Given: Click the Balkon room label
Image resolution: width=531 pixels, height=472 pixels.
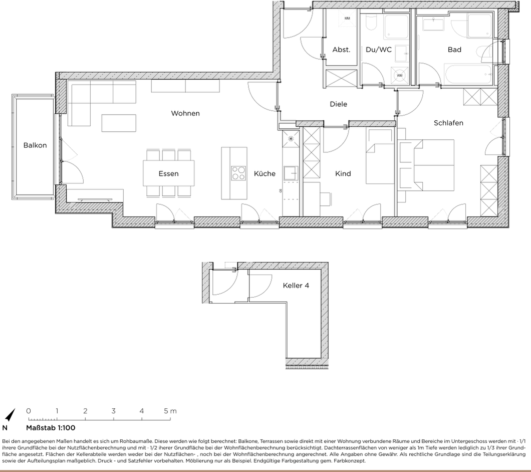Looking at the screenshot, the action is coord(35,145).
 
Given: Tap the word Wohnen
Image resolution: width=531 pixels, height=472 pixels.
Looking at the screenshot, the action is coord(185,113).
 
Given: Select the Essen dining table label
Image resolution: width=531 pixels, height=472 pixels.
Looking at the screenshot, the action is coord(169,173).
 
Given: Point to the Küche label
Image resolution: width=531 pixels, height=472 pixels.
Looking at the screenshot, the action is coord(264,173).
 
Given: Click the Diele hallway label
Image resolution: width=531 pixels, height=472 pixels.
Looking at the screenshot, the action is coord(338,104).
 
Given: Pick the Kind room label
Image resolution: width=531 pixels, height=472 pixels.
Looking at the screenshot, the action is coord(343,173).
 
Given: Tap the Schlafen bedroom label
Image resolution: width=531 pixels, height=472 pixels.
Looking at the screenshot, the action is coord(448,123).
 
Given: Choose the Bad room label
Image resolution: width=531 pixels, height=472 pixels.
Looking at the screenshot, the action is coord(454,50).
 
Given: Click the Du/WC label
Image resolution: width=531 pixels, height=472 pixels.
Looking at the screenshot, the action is coord(379,50).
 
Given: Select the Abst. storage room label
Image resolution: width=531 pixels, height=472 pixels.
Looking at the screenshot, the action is coord(341,50).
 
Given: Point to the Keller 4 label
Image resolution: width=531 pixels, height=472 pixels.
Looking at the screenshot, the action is coord(296,285).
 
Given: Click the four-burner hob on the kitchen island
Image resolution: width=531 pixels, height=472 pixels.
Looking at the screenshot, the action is coord(238,173).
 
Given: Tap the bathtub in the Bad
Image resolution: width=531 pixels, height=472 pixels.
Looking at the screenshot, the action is coord(468,75).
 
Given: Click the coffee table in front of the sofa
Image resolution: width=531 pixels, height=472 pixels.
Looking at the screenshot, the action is coord(119,123).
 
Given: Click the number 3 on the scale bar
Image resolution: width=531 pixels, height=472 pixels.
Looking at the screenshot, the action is coord(113,411).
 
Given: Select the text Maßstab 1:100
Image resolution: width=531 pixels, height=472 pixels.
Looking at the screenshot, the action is coord(51,427).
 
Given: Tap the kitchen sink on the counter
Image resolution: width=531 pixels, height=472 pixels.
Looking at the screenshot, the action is coord(290,173).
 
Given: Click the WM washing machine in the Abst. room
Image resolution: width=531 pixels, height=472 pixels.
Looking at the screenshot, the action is coord(347,19).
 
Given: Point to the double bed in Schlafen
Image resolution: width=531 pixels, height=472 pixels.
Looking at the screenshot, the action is coord(434,165).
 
